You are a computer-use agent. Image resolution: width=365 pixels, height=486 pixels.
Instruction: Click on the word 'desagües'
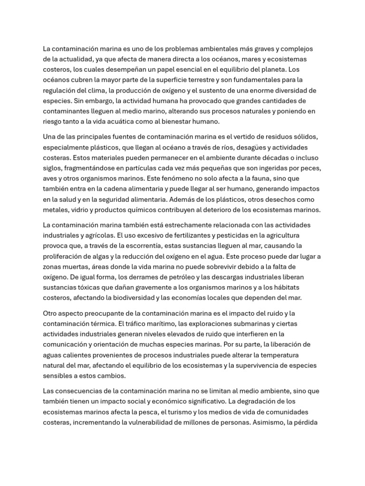(x=249, y=147)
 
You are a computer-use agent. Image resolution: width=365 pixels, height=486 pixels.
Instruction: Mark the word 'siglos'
(x=53, y=168)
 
